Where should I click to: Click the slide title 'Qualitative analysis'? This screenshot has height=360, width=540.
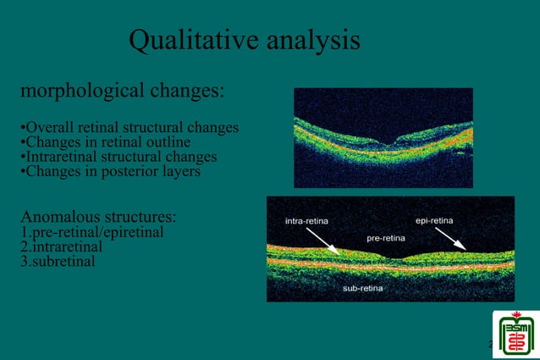tap(245, 40)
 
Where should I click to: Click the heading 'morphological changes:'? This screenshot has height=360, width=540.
tap(122, 90)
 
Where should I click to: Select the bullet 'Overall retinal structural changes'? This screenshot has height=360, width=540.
tap(129, 128)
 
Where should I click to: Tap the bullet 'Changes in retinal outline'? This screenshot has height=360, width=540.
tap(105, 142)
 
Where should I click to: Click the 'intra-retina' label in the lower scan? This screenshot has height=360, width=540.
tap(307, 221)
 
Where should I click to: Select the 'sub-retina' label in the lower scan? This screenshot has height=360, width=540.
tap(362, 289)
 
